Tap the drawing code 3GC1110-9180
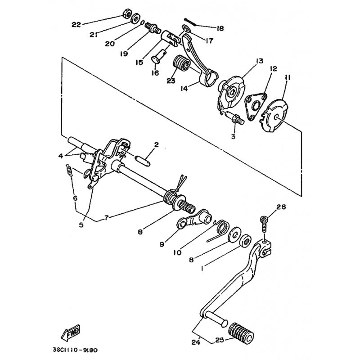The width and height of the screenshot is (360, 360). [75, 350]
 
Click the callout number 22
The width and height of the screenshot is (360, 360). [76, 25]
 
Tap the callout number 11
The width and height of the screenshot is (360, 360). [288, 78]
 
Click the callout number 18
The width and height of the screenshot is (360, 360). [220, 28]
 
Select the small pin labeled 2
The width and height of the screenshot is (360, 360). [143, 161]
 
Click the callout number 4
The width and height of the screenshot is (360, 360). [60, 156]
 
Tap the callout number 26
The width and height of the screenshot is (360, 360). [281, 207]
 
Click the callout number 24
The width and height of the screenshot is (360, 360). [196, 342]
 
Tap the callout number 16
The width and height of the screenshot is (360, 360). [155, 73]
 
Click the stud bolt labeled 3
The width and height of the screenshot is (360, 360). [234, 118]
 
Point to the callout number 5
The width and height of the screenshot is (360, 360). [81, 225]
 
